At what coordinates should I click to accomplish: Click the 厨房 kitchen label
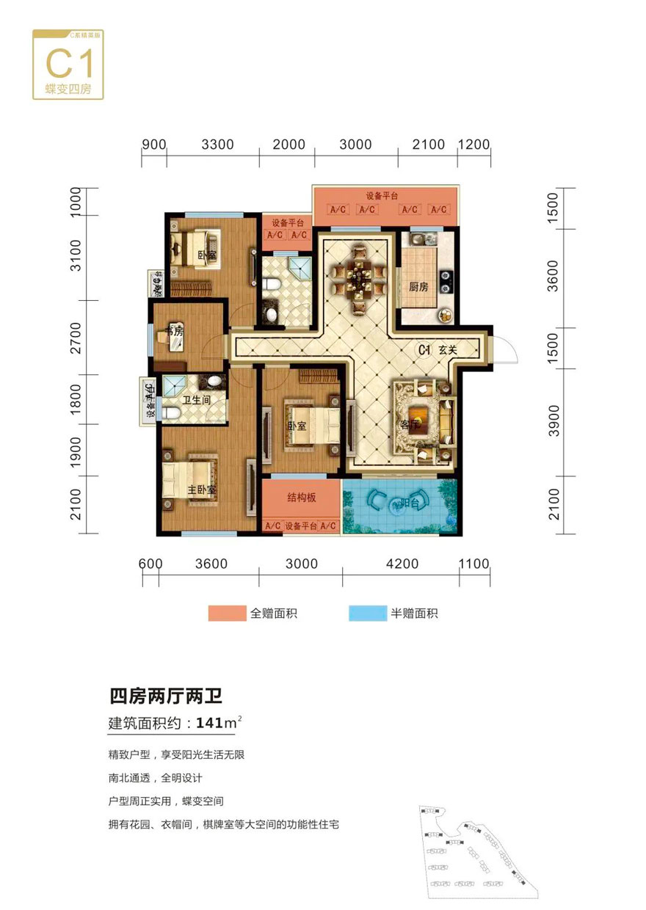tap(418, 287)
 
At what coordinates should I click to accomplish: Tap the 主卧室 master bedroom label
tap(200, 489)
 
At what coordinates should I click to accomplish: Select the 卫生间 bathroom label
tap(197, 400)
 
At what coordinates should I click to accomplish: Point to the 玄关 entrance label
tap(449, 351)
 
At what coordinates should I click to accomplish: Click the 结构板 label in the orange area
tap(301, 497)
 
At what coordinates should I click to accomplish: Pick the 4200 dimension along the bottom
tap(402, 564)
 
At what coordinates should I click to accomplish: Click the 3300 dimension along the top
tap(217, 144)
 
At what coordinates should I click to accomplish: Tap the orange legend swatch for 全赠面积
tap(227, 614)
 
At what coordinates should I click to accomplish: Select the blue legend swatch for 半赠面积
tap(368, 614)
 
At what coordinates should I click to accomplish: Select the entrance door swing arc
tap(507, 348)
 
